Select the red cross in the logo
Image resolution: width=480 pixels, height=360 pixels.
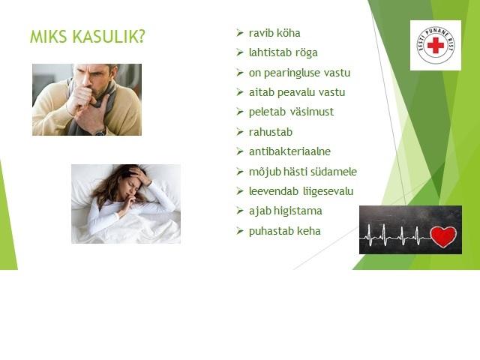pos(435,45)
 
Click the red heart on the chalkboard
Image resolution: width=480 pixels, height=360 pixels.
pos(443,236)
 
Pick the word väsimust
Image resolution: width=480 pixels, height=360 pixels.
pos(312,112)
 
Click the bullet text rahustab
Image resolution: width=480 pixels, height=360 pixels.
pos(271,132)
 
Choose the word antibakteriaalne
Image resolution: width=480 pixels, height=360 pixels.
pos(289,151)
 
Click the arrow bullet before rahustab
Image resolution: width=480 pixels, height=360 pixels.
pos(240,132)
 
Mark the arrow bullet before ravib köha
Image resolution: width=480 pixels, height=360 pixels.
pos(240,33)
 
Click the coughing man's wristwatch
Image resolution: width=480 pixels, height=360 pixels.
pos(100,132)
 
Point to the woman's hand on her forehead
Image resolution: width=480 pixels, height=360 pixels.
pos(140,175)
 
